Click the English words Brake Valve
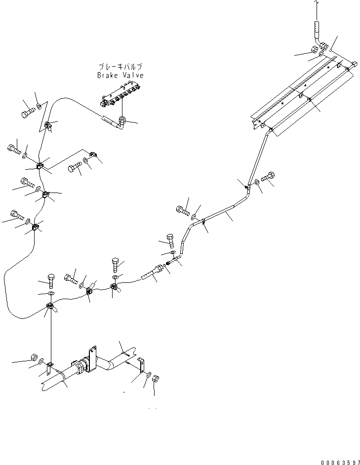point(120,76)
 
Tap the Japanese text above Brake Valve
point(121,67)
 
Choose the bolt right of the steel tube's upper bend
point(270,177)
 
